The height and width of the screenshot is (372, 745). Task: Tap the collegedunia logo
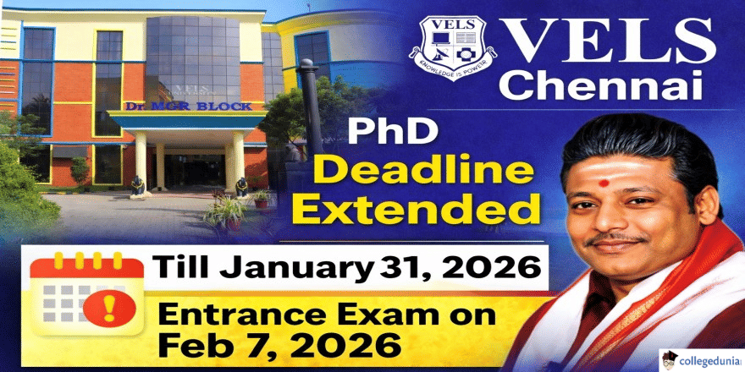[699, 355]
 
